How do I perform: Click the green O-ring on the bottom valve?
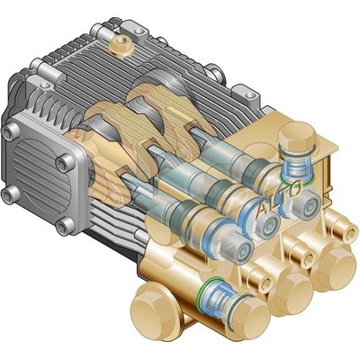pos(207,290)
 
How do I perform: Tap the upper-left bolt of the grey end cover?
pos(11,132)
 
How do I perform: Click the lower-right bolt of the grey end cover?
pos(65,226)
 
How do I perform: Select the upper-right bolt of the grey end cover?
pos(65,163)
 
